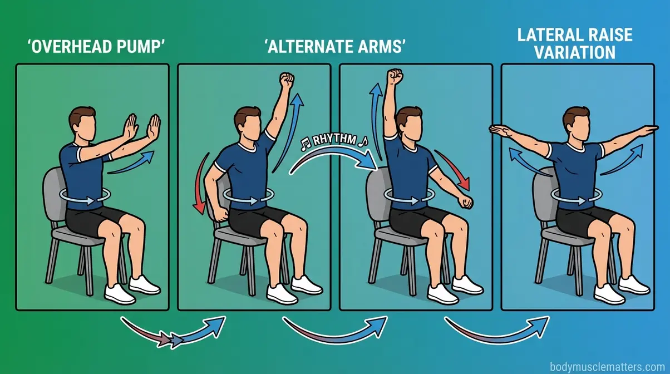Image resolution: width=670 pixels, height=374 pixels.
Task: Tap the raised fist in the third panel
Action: pos(395,76)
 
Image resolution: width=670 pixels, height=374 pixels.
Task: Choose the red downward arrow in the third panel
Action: pos(457,170)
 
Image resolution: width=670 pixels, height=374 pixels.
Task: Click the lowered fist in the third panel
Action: pos(466,201)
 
